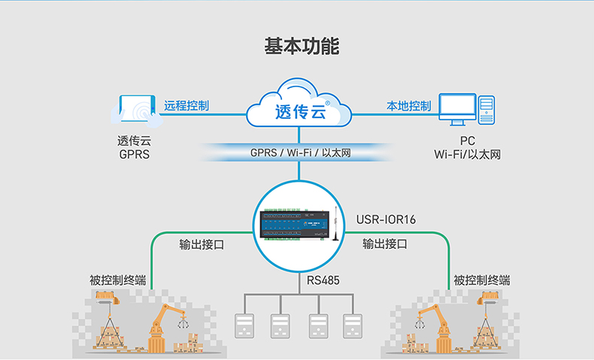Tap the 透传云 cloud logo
coord(299,113)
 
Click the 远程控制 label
coord(186,105)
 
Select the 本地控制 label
coord(409,105)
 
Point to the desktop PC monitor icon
coord(457,110)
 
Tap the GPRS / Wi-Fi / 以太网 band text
coord(301,153)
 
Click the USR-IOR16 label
coord(386,219)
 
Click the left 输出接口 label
coord(202,245)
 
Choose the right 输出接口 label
coord(385,244)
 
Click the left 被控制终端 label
coord(117,280)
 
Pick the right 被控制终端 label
coord(482,280)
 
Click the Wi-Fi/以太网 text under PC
coord(467,154)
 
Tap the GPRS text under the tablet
coord(135,154)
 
